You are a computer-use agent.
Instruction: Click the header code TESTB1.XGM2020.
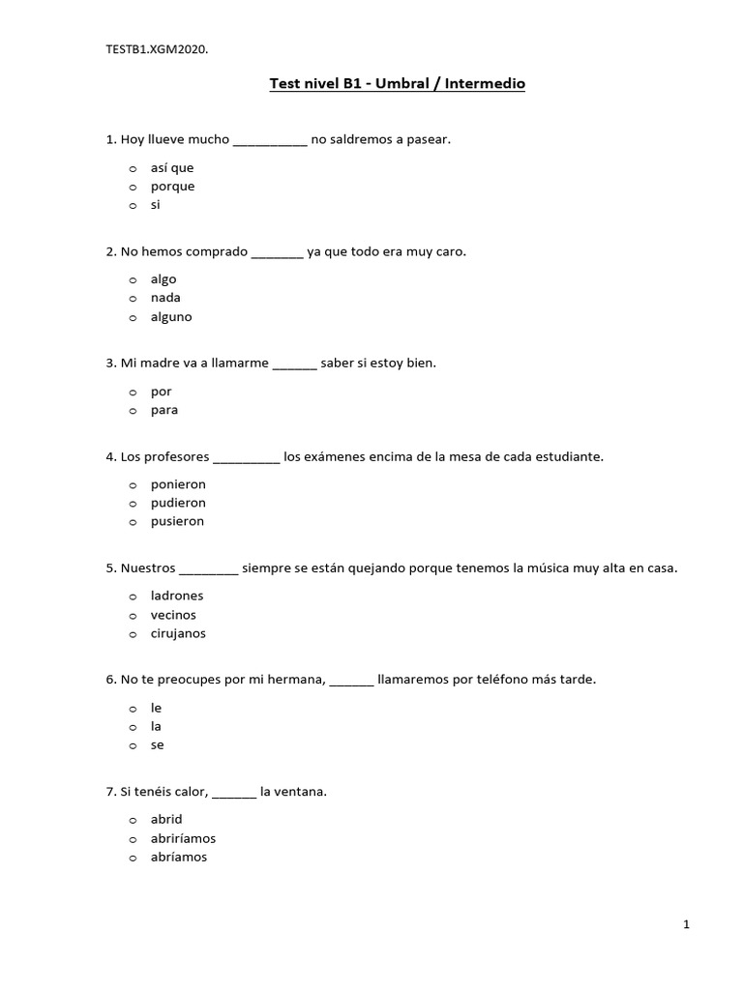[x=157, y=48]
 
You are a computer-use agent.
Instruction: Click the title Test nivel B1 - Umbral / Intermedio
[x=397, y=84]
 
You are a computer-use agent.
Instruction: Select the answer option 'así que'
[x=172, y=167]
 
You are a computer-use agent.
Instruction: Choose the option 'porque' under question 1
[x=172, y=186]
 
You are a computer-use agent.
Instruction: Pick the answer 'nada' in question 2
[x=165, y=298]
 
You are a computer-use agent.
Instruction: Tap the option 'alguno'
[x=171, y=316]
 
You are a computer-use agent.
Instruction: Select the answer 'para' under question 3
[x=164, y=410]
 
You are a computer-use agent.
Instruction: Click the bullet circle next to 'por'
[x=132, y=392]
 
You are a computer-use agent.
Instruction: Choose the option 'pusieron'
[x=178, y=521]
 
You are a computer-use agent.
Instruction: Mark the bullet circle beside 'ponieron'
[x=132, y=484]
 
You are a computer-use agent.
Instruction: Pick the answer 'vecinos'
[x=173, y=615]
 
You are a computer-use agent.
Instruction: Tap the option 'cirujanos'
[x=178, y=633]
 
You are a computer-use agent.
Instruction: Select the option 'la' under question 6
[x=156, y=726]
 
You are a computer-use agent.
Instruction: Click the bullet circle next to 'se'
[x=132, y=745]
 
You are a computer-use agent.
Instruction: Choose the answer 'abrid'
[x=166, y=819]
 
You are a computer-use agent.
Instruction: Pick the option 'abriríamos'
[x=183, y=838]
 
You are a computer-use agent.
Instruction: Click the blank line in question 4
[x=246, y=458]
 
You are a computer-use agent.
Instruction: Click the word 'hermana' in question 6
[x=299, y=680]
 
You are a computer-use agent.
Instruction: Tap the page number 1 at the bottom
[x=686, y=925]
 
